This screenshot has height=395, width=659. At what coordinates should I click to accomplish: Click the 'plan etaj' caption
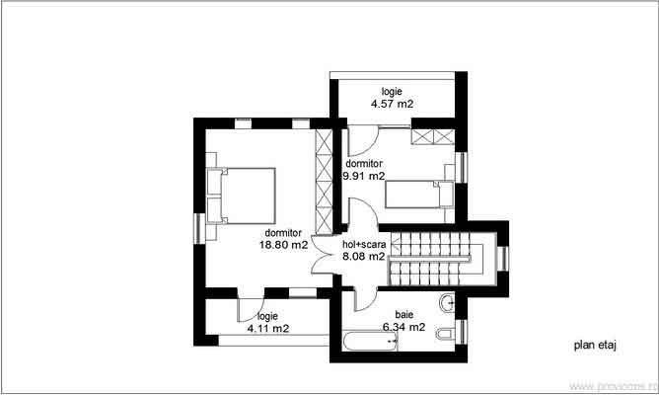(x=593, y=347)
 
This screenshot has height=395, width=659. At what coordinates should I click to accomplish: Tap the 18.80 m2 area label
(x=284, y=244)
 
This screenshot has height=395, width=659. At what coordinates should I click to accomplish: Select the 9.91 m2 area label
(x=363, y=176)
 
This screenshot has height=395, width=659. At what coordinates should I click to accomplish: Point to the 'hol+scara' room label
(x=363, y=244)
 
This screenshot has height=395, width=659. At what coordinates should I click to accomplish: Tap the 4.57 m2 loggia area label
(x=392, y=103)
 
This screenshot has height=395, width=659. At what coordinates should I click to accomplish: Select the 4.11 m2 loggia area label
(x=268, y=327)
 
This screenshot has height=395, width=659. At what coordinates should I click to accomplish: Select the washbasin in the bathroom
(x=450, y=302)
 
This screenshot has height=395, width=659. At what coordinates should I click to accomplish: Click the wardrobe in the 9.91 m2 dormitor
(x=432, y=137)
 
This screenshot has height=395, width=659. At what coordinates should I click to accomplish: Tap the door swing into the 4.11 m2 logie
(x=250, y=307)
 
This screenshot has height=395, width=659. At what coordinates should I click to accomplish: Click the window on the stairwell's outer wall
(x=502, y=257)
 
